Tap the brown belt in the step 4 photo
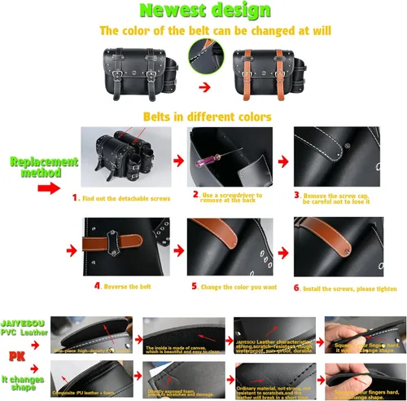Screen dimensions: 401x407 (115, 245)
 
